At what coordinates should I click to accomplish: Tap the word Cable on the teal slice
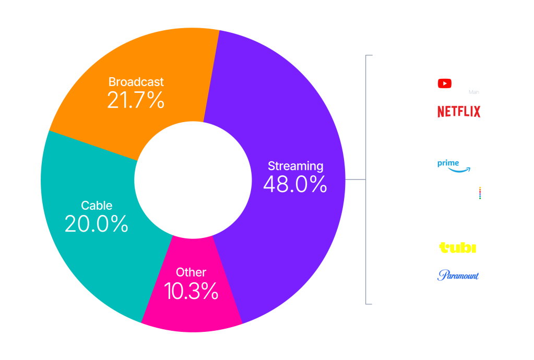point(97,205)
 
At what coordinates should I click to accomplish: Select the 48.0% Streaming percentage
point(295,184)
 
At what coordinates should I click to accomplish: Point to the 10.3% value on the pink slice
point(191,291)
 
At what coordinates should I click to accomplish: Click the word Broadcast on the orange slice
point(136,82)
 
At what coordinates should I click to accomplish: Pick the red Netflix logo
point(459,111)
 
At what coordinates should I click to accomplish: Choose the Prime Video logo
point(459,165)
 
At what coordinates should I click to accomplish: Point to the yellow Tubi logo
point(457,248)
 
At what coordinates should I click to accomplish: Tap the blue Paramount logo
point(459,275)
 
